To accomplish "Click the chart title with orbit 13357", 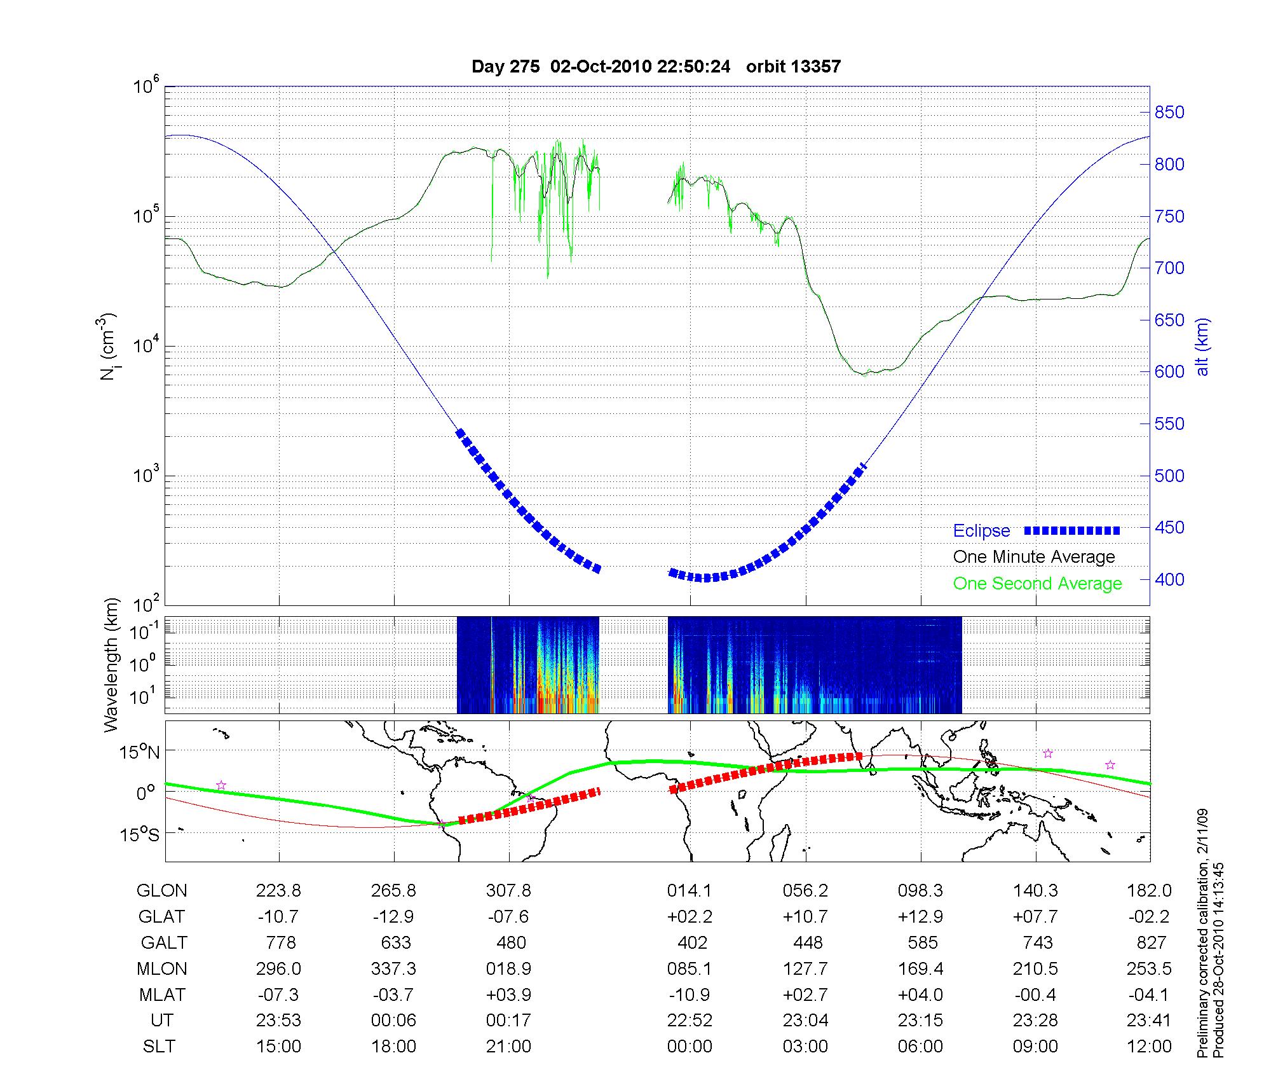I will point(656,67).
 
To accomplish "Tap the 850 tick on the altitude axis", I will point(1169,113).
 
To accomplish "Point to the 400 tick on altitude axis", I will point(1169,579).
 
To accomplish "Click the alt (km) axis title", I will point(1202,347).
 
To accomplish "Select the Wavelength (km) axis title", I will point(112,665).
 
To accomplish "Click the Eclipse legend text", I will point(981,531).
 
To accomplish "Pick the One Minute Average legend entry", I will point(1034,557).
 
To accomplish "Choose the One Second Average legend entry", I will point(1037,584).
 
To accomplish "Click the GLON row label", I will point(162,891).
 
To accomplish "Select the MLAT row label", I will point(162,995).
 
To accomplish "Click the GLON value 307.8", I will point(508,891).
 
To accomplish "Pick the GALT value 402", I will point(692,942).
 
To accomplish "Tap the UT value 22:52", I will point(690,1021).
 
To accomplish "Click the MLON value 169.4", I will point(921,969).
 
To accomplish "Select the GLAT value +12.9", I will point(921,917).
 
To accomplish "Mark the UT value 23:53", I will point(278,1021).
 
